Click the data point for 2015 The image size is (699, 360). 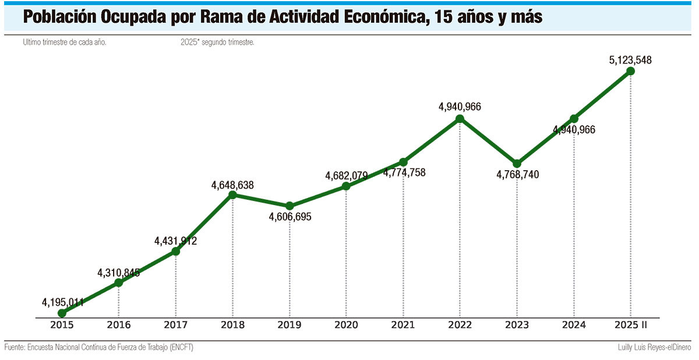tap(62, 313)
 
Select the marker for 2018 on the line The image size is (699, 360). tap(232, 195)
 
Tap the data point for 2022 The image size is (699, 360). tap(460, 118)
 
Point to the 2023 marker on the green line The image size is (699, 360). tap(517, 163)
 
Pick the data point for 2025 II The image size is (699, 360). tap(630, 71)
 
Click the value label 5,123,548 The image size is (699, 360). tap(630, 59)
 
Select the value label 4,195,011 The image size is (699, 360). tap(63, 302)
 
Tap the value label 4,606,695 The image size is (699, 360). tap(290, 217)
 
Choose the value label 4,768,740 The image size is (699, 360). tap(518, 174)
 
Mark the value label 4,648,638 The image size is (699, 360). tap(232, 186)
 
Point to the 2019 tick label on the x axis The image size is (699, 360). tap(290, 324)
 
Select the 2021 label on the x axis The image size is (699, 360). tap(403, 324)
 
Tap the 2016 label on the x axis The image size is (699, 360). tap(119, 324)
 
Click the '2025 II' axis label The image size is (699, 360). tap(630, 324)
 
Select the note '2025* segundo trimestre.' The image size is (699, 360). tap(217, 43)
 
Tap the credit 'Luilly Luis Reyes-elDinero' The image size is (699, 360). tap(654, 348)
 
